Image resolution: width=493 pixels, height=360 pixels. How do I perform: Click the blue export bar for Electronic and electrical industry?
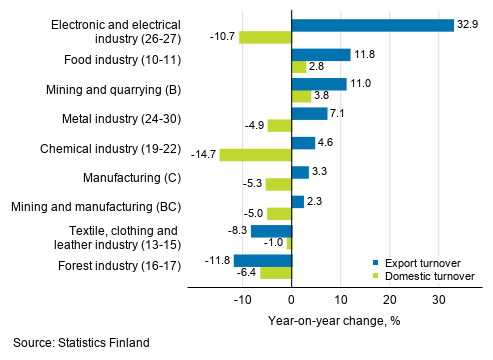(372, 25)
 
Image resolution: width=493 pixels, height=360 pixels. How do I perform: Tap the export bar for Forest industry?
(262, 260)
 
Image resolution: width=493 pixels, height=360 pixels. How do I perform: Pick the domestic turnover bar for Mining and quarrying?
(300, 97)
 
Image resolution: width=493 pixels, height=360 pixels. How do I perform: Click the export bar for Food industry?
(320, 55)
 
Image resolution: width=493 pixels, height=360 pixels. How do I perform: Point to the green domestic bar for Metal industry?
(279, 126)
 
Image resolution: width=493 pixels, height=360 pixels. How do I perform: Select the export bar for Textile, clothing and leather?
(271, 231)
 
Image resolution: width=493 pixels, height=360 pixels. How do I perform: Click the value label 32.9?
(468, 25)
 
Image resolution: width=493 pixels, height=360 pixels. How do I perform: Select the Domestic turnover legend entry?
(426, 273)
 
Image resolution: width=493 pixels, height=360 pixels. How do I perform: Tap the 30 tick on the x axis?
(439, 297)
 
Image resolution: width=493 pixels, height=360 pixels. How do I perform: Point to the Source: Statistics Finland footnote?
(82, 343)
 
